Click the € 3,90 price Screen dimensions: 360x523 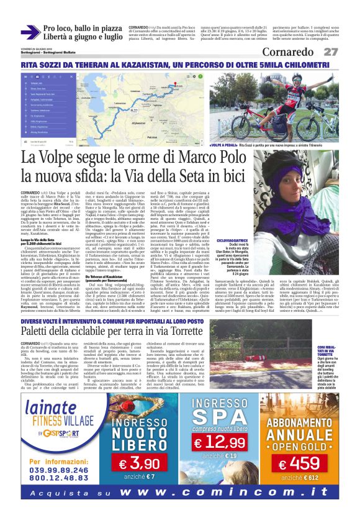point(139,463)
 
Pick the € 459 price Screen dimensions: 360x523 point(299,463)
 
